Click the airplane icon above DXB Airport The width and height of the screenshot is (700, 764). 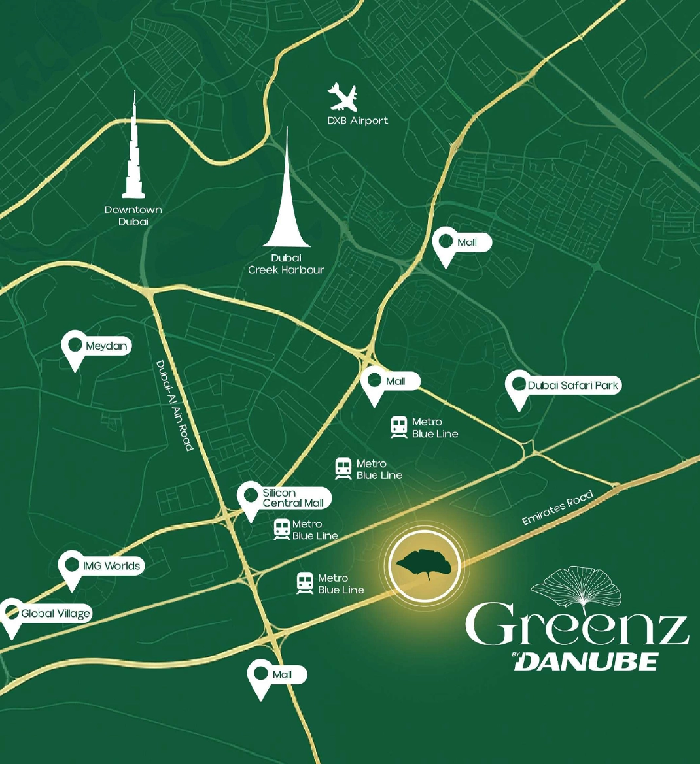[x=343, y=97]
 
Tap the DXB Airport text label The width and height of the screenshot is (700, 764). [x=357, y=121]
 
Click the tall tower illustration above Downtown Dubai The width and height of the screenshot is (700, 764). [x=133, y=150]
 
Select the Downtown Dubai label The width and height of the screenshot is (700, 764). [x=133, y=216]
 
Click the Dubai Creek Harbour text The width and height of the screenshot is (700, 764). [x=286, y=264]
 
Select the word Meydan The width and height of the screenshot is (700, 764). [x=106, y=346]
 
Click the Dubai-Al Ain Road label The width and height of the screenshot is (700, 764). [x=175, y=405]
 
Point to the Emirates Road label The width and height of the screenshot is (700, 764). [x=557, y=508]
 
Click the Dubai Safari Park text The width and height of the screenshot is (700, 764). [x=572, y=386]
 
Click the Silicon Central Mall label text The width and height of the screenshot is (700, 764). [x=292, y=498]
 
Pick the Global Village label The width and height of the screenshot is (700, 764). [x=55, y=614]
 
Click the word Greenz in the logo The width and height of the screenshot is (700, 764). [x=578, y=625]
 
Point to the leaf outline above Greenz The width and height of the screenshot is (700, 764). [x=575, y=587]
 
